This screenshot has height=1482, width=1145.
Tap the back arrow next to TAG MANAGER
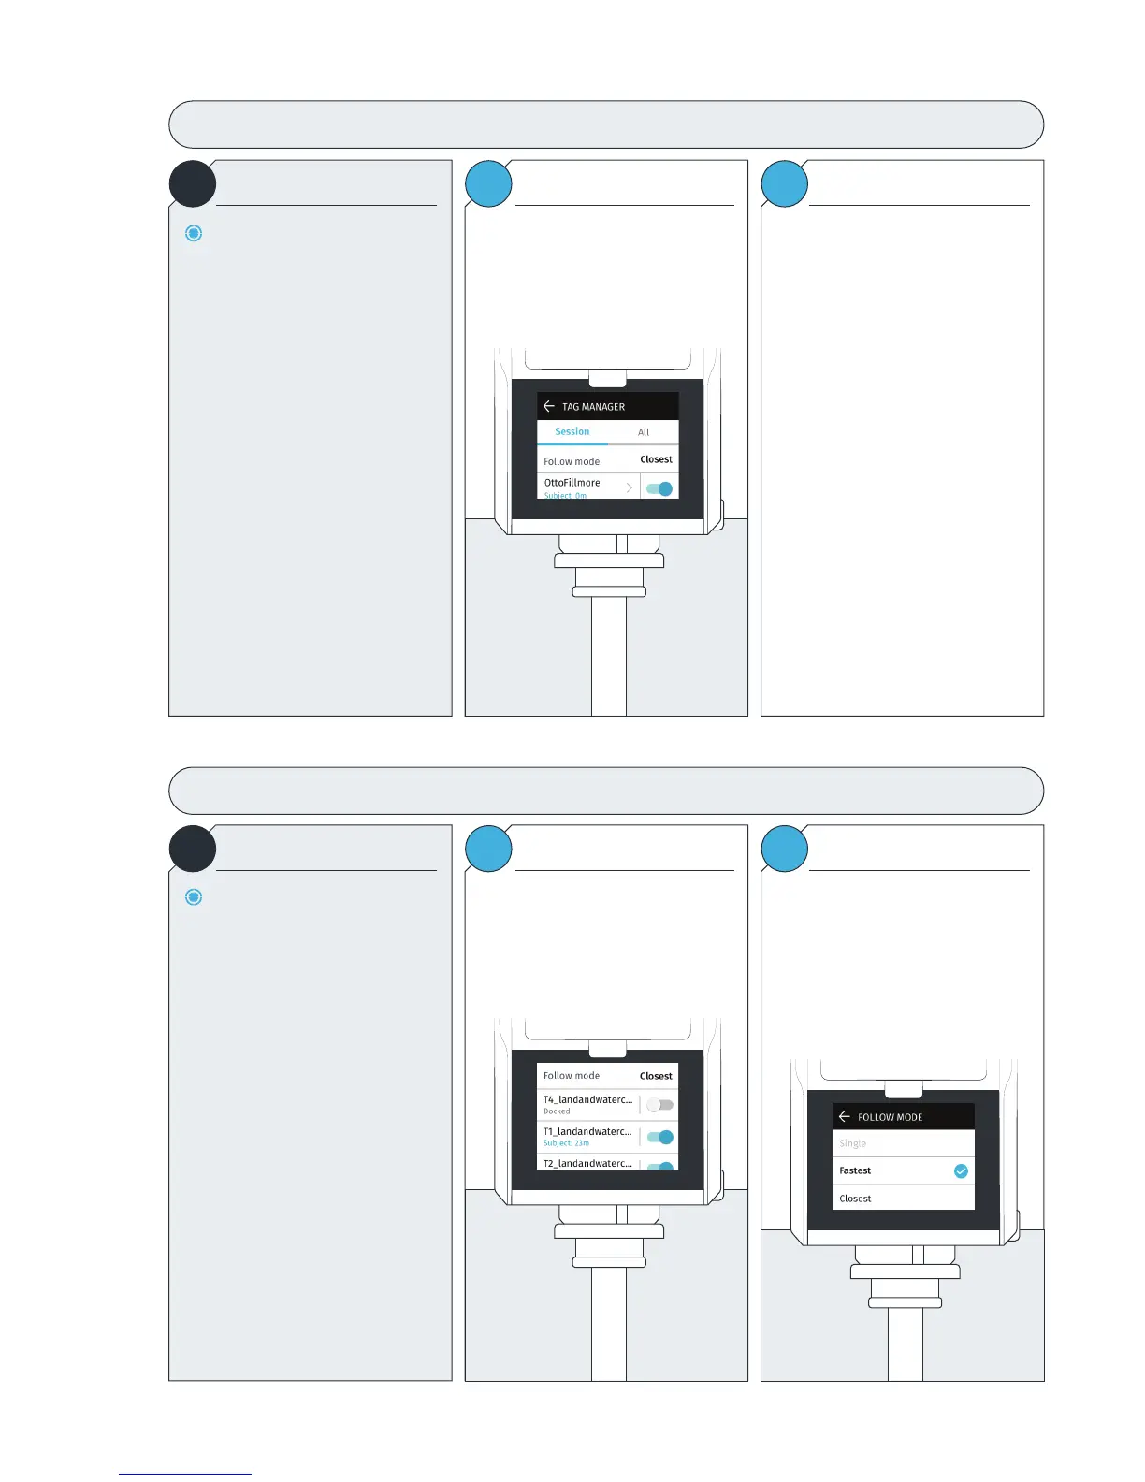[x=549, y=406]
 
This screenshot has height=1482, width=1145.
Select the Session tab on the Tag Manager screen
[x=572, y=431]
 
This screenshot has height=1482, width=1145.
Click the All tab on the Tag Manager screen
[x=644, y=432]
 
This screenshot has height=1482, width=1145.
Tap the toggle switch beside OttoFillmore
[x=659, y=488]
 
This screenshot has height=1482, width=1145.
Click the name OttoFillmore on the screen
[x=572, y=483]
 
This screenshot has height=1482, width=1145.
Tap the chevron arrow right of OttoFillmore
[x=630, y=487]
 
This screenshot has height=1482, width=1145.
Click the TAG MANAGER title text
[x=593, y=407]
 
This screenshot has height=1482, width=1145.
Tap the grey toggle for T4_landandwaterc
[x=659, y=1105]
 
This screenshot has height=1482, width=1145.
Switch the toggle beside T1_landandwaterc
[x=659, y=1138]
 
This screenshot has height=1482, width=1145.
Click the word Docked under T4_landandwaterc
[x=557, y=1111]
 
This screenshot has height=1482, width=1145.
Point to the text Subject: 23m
[x=566, y=1143]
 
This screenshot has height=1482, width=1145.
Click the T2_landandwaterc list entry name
[x=587, y=1163]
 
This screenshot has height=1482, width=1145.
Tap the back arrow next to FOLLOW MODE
[x=845, y=1117]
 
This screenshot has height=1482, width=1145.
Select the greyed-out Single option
[x=852, y=1143]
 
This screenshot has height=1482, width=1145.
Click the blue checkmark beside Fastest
[x=961, y=1171]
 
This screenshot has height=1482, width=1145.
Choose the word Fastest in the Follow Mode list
[x=855, y=1170]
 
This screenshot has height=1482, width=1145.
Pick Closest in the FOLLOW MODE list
[x=855, y=1199]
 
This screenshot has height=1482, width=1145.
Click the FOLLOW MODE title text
[x=890, y=1117]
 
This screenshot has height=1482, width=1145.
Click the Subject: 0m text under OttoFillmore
[x=565, y=495]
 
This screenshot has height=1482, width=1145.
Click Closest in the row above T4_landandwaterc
[x=656, y=1076]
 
